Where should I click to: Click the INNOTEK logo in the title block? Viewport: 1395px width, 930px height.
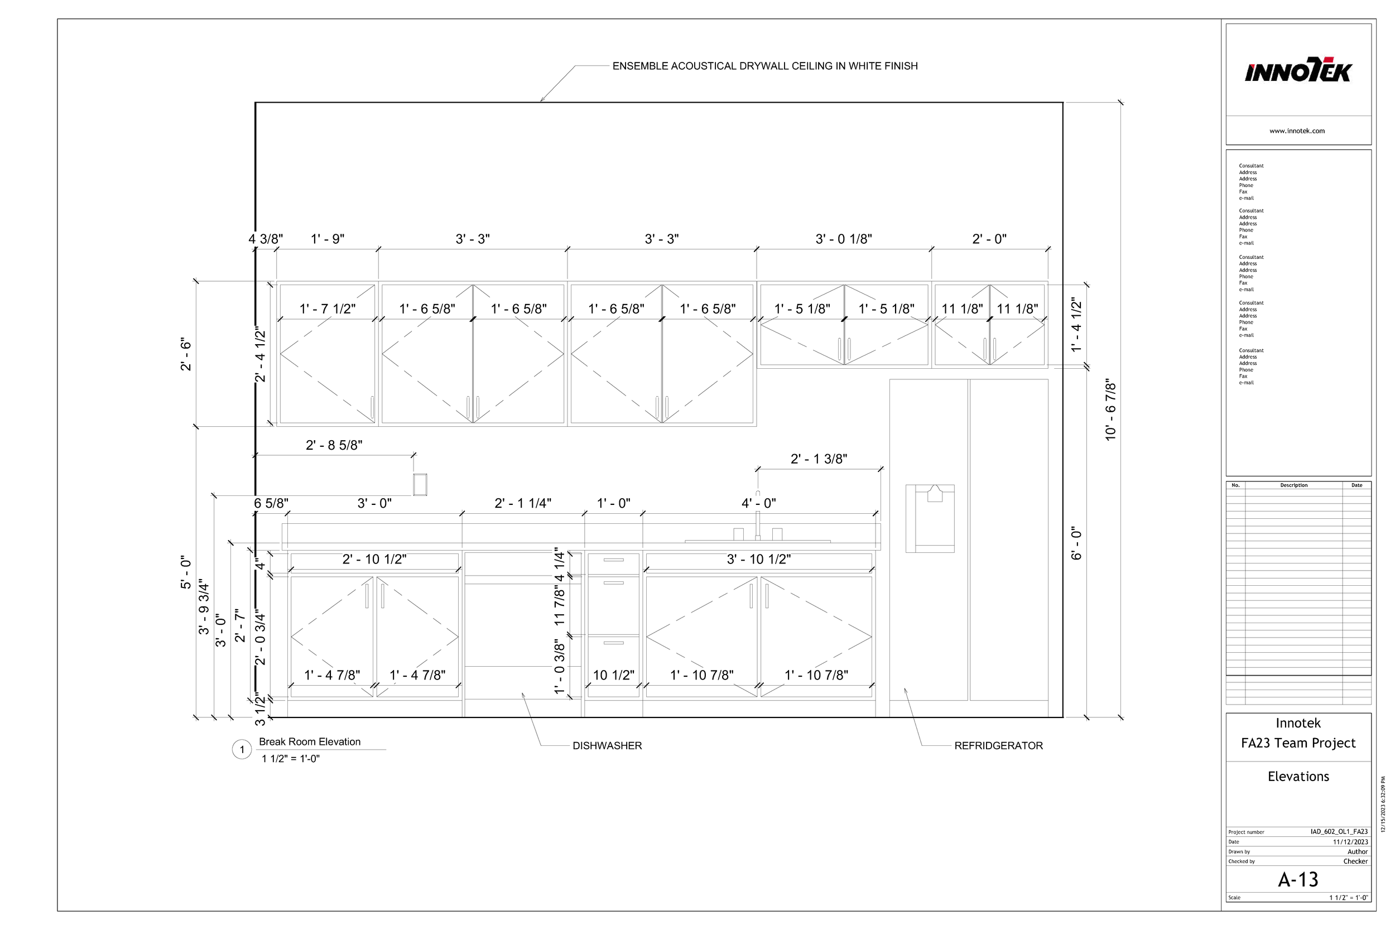[1297, 71]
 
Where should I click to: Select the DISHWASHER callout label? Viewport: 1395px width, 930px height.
[607, 745]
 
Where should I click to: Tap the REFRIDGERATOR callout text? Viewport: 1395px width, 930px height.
[998, 745]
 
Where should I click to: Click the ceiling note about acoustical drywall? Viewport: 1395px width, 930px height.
[764, 66]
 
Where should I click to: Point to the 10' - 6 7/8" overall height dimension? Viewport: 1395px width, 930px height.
[1110, 410]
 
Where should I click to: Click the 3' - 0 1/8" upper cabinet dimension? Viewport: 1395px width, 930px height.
[843, 239]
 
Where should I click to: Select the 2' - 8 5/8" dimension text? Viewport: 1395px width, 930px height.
[334, 445]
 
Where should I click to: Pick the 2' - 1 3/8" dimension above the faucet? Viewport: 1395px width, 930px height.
[819, 459]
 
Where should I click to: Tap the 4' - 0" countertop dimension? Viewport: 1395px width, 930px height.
[758, 503]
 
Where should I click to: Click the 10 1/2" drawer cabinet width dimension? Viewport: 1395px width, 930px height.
[613, 675]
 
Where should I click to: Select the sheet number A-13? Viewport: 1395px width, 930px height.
[1298, 879]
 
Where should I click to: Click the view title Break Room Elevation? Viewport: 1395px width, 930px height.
[310, 741]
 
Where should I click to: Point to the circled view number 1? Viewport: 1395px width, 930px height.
[242, 750]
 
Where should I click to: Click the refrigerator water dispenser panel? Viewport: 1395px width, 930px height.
[930, 518]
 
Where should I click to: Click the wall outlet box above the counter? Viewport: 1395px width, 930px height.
[420, 484]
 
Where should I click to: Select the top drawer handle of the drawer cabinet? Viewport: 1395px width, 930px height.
[613, 560]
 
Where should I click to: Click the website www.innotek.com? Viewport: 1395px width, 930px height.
[1297, 131]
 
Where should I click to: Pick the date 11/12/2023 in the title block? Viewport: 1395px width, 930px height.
[1350, 842]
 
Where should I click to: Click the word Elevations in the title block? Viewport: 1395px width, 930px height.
[1298, 777]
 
